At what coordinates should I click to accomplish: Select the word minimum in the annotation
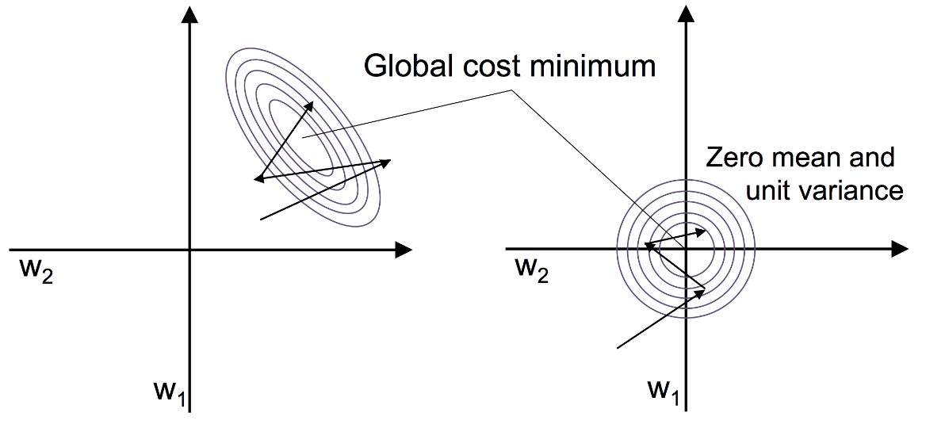click(595, 67)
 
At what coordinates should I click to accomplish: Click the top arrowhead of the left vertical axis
click(190, 13)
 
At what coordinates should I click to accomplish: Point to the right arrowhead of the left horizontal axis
click(404, 250)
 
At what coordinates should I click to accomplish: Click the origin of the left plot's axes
click(190, 250)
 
